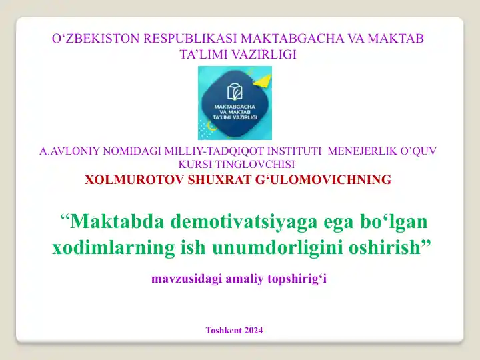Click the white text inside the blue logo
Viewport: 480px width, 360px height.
(x=235, y=111)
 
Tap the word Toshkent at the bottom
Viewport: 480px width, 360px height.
(x=223, y=330)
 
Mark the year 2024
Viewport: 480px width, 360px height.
(x=253, y=330)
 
